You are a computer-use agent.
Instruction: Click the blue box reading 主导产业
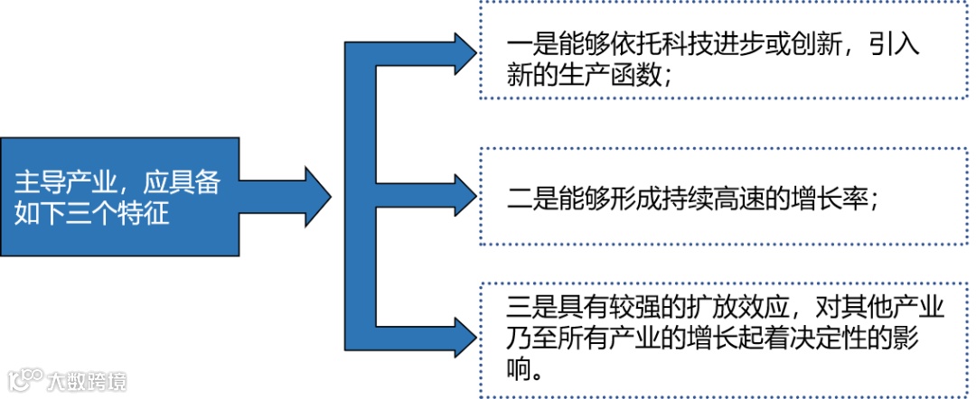coord(119,197)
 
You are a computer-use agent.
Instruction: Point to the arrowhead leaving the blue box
coord(317,196)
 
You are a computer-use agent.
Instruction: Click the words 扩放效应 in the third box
coord(723,308)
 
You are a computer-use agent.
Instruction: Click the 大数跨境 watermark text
coord(88,381)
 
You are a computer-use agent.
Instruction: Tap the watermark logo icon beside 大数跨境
coord(24,379)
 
